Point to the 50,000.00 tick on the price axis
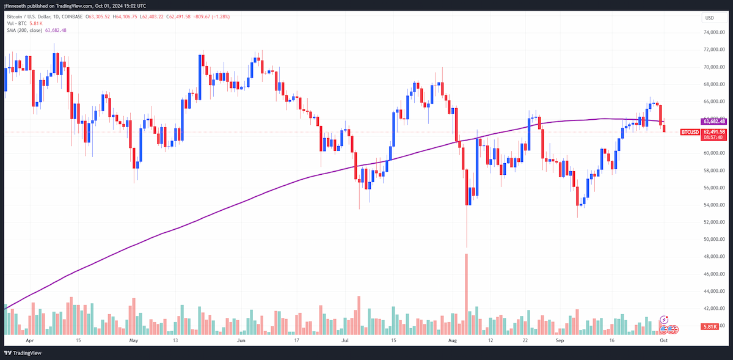[714, 239]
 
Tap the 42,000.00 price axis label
[714, 308]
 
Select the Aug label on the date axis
[452, 340]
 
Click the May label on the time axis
[134, 340]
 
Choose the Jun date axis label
[241, 340]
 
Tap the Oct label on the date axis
[663, 340]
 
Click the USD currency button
[713, 18]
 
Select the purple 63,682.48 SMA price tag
[713, 122]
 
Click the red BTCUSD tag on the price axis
[690, 132]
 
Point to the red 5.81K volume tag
[709, 326]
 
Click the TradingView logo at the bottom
[23, 353]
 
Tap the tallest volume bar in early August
[466, 294]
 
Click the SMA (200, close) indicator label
[24, 30]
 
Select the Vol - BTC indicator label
[16, 23]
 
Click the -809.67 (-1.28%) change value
[211, 17]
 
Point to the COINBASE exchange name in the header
[72, 17]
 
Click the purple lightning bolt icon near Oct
[663, 320]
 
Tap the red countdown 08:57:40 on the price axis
[713, 138]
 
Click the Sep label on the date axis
[560, 340]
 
